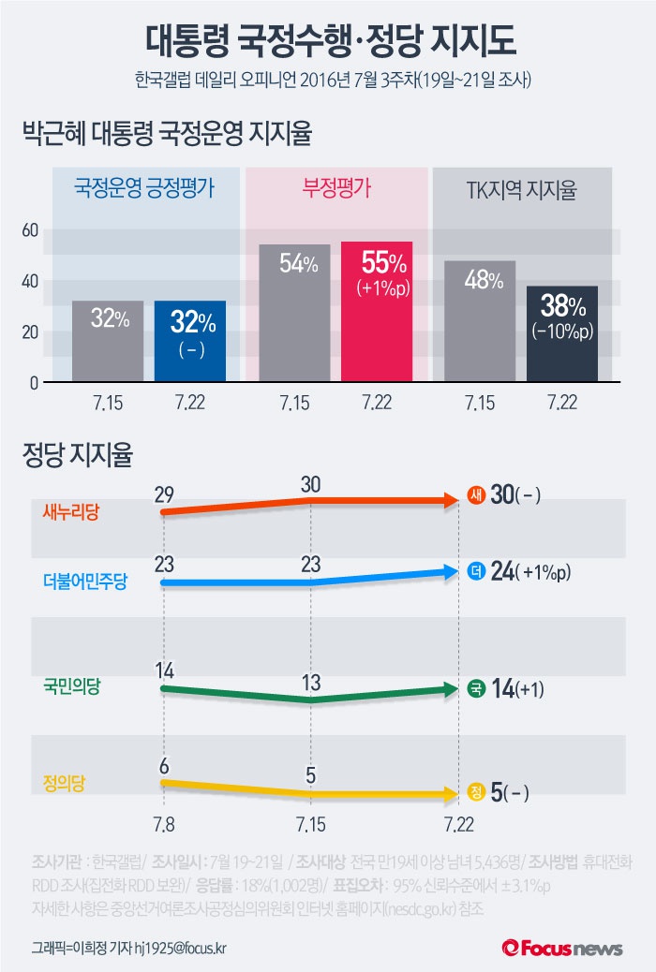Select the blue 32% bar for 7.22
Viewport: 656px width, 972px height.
(190, 341)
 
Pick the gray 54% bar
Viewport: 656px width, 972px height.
(295, 313)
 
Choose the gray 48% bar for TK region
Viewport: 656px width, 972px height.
(479, 320)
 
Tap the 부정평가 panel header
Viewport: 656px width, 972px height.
(335, 187)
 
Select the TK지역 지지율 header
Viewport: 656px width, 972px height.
(521, 190)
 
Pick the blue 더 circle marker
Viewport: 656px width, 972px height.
(476, 571)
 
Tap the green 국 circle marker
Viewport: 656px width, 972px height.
(476, 690)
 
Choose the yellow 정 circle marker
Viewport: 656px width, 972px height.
(476, 794)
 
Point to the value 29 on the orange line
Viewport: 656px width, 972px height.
(164, 493)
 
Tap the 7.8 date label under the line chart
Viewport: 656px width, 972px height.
(164, 824)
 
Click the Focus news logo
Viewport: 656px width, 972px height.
(562, 948)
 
